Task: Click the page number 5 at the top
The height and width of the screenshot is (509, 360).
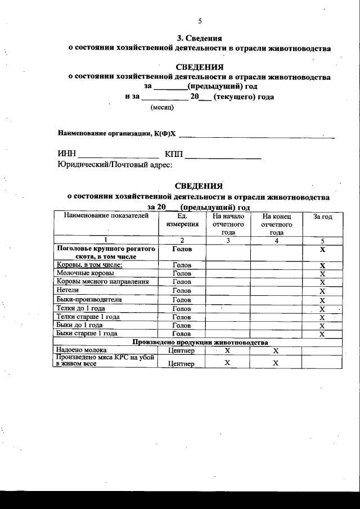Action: [200, 21]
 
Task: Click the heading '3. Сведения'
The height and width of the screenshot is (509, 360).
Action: [199, 38]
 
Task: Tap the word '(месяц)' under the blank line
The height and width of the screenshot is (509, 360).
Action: [162, 107]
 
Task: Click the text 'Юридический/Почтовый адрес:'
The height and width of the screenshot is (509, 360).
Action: [115, 165]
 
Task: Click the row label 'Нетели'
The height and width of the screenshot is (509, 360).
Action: [67, 291]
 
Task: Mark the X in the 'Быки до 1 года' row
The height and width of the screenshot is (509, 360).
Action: [322, 326]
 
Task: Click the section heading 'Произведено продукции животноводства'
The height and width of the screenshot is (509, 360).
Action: [200, 343]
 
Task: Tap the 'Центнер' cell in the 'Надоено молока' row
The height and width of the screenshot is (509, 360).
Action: [181, 351]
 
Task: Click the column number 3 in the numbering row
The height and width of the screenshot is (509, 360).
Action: [228, 240]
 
